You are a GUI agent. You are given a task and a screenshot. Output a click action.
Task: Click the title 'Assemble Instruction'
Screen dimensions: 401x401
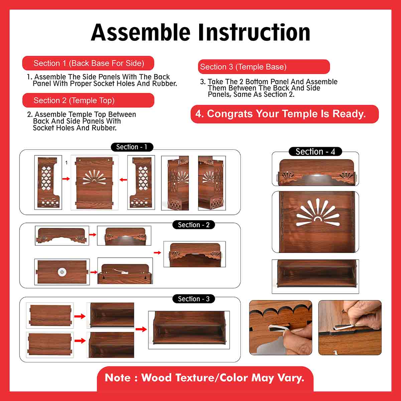(x=200, y=32)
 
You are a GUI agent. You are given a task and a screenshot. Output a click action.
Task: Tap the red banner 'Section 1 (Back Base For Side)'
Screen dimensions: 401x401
(x=88, y=63)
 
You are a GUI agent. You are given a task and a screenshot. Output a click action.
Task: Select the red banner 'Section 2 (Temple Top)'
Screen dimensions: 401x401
(x=88, y=100)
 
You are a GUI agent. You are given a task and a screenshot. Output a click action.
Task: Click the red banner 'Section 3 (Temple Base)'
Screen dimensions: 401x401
(x=264, y=66)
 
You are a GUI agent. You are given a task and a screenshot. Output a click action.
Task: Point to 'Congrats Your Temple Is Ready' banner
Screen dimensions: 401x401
(x=284, y=114)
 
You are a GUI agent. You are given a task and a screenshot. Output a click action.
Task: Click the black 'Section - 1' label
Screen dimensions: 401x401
(x=132, y=147)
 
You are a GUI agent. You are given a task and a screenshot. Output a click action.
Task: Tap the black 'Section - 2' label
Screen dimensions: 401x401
(x=193, y=225)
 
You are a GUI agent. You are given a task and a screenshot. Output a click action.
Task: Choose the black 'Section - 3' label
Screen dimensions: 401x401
(x=193, y=299)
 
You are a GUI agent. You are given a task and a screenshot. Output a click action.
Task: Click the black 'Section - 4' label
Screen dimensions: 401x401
(x=315, y=151)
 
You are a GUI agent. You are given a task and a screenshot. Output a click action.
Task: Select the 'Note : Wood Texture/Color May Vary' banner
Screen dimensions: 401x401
(x=205, y=378)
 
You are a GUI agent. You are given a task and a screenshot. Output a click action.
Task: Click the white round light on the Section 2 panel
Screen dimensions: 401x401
(x=62, y=272)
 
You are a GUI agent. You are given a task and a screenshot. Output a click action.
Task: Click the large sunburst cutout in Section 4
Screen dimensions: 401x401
(x=317, y=212)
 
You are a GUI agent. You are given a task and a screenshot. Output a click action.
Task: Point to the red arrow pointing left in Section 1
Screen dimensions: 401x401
(x=123, y=179)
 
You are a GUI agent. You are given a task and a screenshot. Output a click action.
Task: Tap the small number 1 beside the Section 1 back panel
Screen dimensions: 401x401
(x=66, y=162)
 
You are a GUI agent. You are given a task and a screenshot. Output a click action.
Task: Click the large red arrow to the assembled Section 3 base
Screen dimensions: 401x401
(x=141, y=329)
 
